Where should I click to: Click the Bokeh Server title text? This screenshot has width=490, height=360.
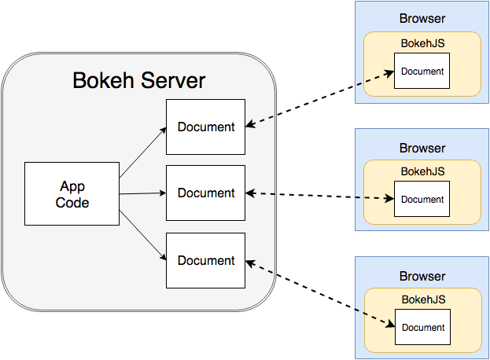[x=139, y=80]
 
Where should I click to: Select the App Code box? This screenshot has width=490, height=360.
[x=72, y=193]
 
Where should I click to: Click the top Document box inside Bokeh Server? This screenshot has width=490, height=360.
[x=205, y=127]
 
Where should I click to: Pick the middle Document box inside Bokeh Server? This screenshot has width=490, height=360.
[x=205, y=193]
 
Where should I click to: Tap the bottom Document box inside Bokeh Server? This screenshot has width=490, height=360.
[x=205, y=260]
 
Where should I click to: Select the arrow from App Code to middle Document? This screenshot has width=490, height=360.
[x=142, y=193]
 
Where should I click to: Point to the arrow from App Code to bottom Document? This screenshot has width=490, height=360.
[x=142, y=235]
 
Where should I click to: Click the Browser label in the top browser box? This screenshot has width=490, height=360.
[x=422, y=19]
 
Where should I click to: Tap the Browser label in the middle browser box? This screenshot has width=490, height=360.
[x=422, y=148]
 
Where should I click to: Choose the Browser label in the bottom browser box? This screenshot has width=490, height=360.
[x=422, y=277]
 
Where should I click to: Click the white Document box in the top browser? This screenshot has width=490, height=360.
[x=422, y=72]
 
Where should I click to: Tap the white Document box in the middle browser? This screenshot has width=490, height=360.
[x=422, y=200]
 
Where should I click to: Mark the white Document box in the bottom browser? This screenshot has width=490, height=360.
[x=422, y=328]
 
